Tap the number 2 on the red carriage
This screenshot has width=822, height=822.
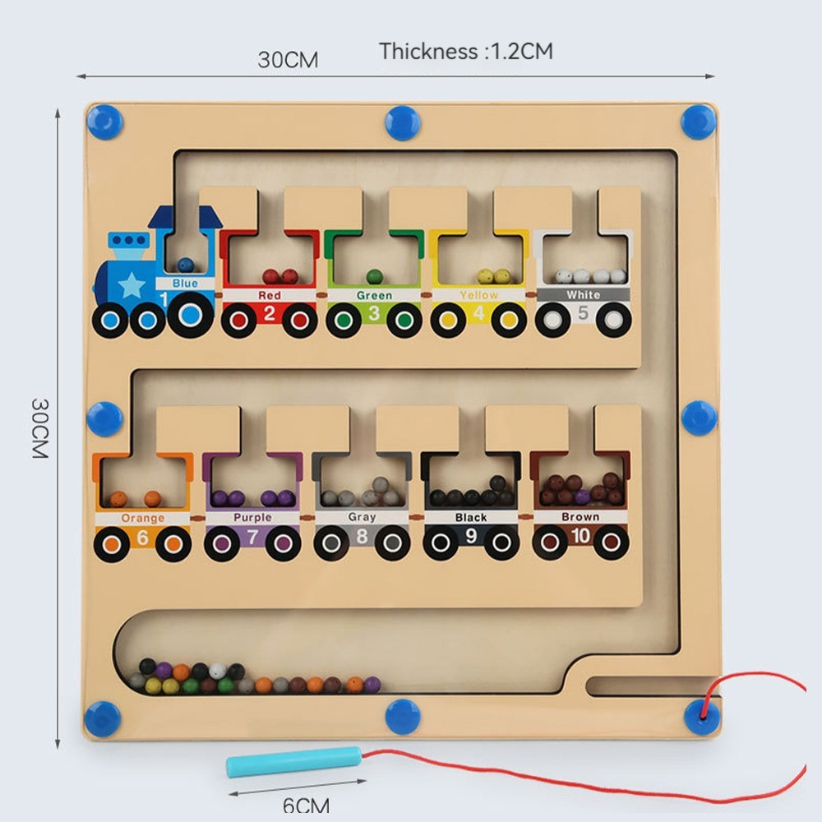(x=270, y=313)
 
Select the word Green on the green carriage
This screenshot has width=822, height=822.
(x=374, y=295)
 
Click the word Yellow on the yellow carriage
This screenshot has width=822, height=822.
(x=479, y=294)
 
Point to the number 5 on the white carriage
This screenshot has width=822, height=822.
(x=583, y=312)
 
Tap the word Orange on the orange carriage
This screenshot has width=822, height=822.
(x=143, y=519)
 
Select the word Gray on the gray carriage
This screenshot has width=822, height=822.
(x=362, y=518)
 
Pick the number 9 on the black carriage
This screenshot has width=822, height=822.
(x=471, y=536)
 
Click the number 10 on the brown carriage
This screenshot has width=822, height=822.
(x=580, y=536)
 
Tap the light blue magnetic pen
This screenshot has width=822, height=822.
(x=294, y=761)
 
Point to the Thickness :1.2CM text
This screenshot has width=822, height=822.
(x=466, y=51)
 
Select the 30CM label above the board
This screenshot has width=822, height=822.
(x=288, y=59)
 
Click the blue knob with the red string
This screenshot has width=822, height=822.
(x=701, y=716)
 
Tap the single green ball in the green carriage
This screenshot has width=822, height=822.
(x=374, y=276)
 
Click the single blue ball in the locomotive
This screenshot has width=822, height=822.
(x=186, y=265)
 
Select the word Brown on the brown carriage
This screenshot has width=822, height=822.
(x=580, y=517)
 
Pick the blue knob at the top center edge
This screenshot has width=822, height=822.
(x=403, y=123)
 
